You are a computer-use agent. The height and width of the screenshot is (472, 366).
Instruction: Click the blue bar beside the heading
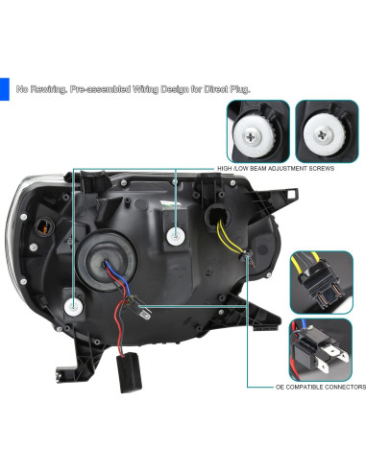tap(4, 88)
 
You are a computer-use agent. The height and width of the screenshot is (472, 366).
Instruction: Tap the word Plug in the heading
tap(237, 89)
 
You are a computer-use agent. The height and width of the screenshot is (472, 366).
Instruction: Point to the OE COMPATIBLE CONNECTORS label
tap(321, 388)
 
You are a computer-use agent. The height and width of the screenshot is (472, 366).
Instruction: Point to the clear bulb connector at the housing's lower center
tap(142, 310)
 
